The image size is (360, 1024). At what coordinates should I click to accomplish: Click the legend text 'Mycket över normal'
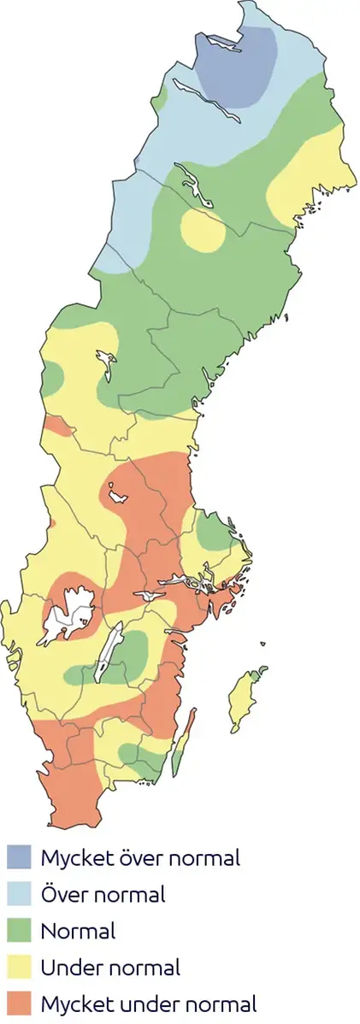tap(140, 857)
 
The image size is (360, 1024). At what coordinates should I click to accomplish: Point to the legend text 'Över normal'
tap(103, 895)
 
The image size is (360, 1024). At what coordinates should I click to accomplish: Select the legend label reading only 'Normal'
tap(78, 931)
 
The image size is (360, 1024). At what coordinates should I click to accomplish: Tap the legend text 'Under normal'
tap(110, 968)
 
